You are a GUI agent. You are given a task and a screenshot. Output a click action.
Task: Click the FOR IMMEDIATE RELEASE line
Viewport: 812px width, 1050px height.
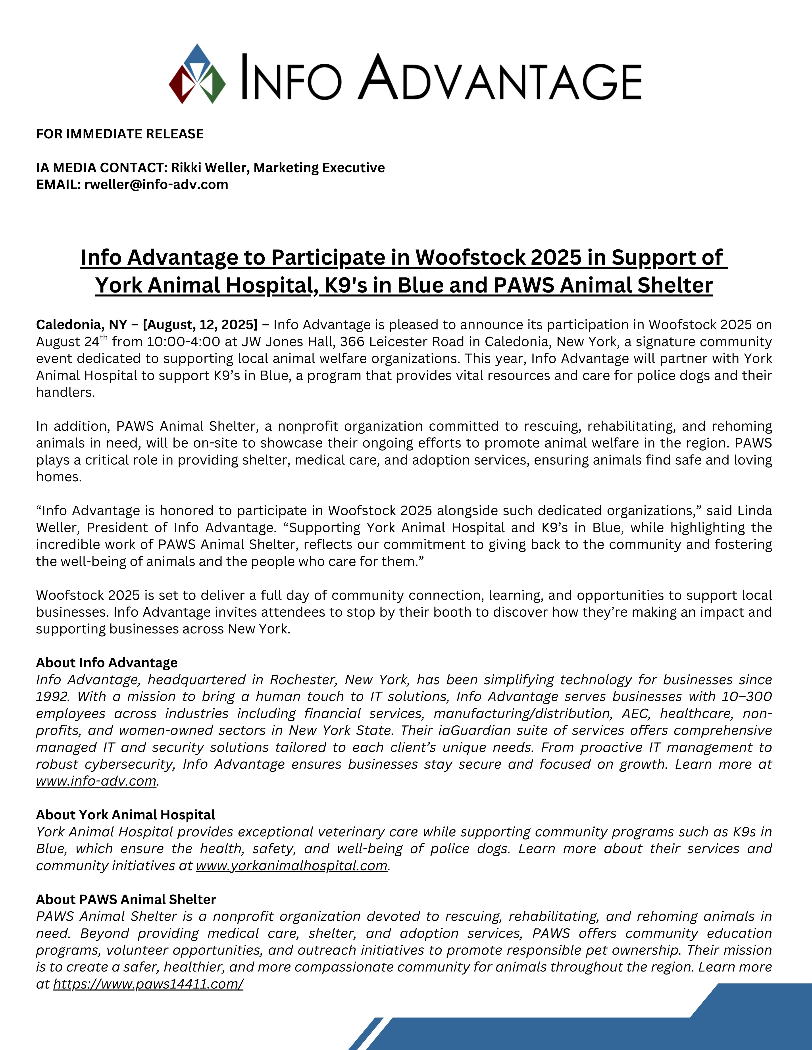point(120,134)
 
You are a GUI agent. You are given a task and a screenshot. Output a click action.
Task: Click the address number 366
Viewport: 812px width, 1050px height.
point(351,342)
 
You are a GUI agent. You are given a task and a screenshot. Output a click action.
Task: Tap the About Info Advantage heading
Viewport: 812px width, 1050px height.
point(107,662)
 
